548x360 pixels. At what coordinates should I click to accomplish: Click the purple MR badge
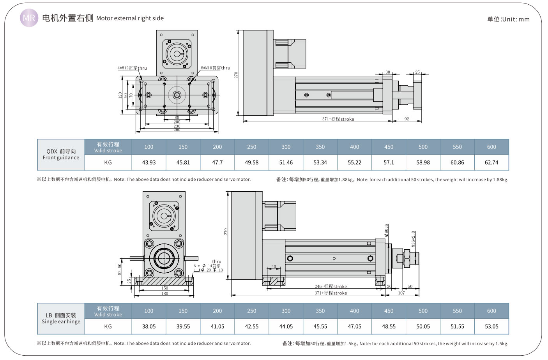(x=29, y=18)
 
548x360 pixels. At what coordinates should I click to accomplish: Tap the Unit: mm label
(x=508, y=19)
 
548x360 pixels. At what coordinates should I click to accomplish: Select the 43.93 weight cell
(x=149, y=162)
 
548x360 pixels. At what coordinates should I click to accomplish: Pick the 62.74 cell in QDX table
(x=491, y=162)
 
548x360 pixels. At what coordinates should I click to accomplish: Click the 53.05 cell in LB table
(x=491, y=326)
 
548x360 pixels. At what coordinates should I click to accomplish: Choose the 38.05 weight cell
(x=149, y=326)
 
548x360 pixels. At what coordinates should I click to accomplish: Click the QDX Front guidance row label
(x=61, y=155)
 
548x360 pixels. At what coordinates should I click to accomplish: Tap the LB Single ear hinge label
(x=61, y=319)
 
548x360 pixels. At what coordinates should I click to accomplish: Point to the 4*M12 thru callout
(x=132, y=68)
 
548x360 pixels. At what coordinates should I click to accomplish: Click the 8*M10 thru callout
(x=216, y=68)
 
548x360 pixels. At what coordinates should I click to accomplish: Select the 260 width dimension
(x=177, y=130)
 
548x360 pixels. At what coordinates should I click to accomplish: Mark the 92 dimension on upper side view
(x=407, y=119)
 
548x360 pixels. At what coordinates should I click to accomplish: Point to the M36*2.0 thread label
(x=413, y=239)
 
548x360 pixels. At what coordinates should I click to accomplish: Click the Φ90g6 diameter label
(x=386, y=230)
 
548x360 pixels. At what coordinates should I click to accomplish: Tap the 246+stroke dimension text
(x=331, y=286)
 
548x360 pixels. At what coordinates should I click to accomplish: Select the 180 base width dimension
(x=165, y=293)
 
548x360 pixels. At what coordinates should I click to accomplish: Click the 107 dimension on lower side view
(x=401, y=293)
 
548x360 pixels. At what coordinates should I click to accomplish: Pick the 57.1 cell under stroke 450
(x=389, y=162)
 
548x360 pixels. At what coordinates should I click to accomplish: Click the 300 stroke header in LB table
(x=286, y=311)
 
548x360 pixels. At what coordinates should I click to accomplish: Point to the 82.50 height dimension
(x=120, y=269)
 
